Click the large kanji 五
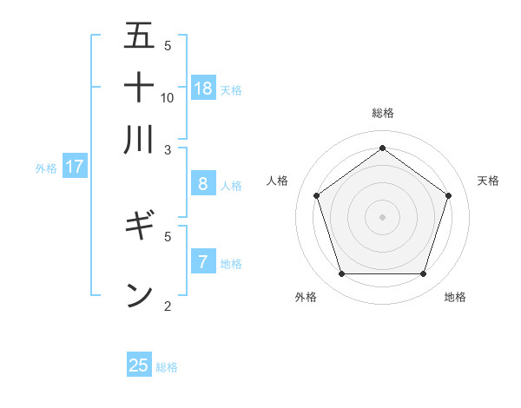pos(139,36)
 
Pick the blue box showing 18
pos(203,88)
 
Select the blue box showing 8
pos(203,184)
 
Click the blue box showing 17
pos(75,167)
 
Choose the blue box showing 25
pos(139,365)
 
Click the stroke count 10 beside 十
pos(168,97)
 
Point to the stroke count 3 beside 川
pos(168,149)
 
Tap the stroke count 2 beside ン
pos(168,306)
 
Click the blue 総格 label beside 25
pos(167,367)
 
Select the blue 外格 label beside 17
pos(45,168)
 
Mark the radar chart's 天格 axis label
pos(488,181)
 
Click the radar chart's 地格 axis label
pos(455,298)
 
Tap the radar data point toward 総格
pos(382,148)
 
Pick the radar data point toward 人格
pos(317,195)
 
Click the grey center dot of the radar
pos(382,216)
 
